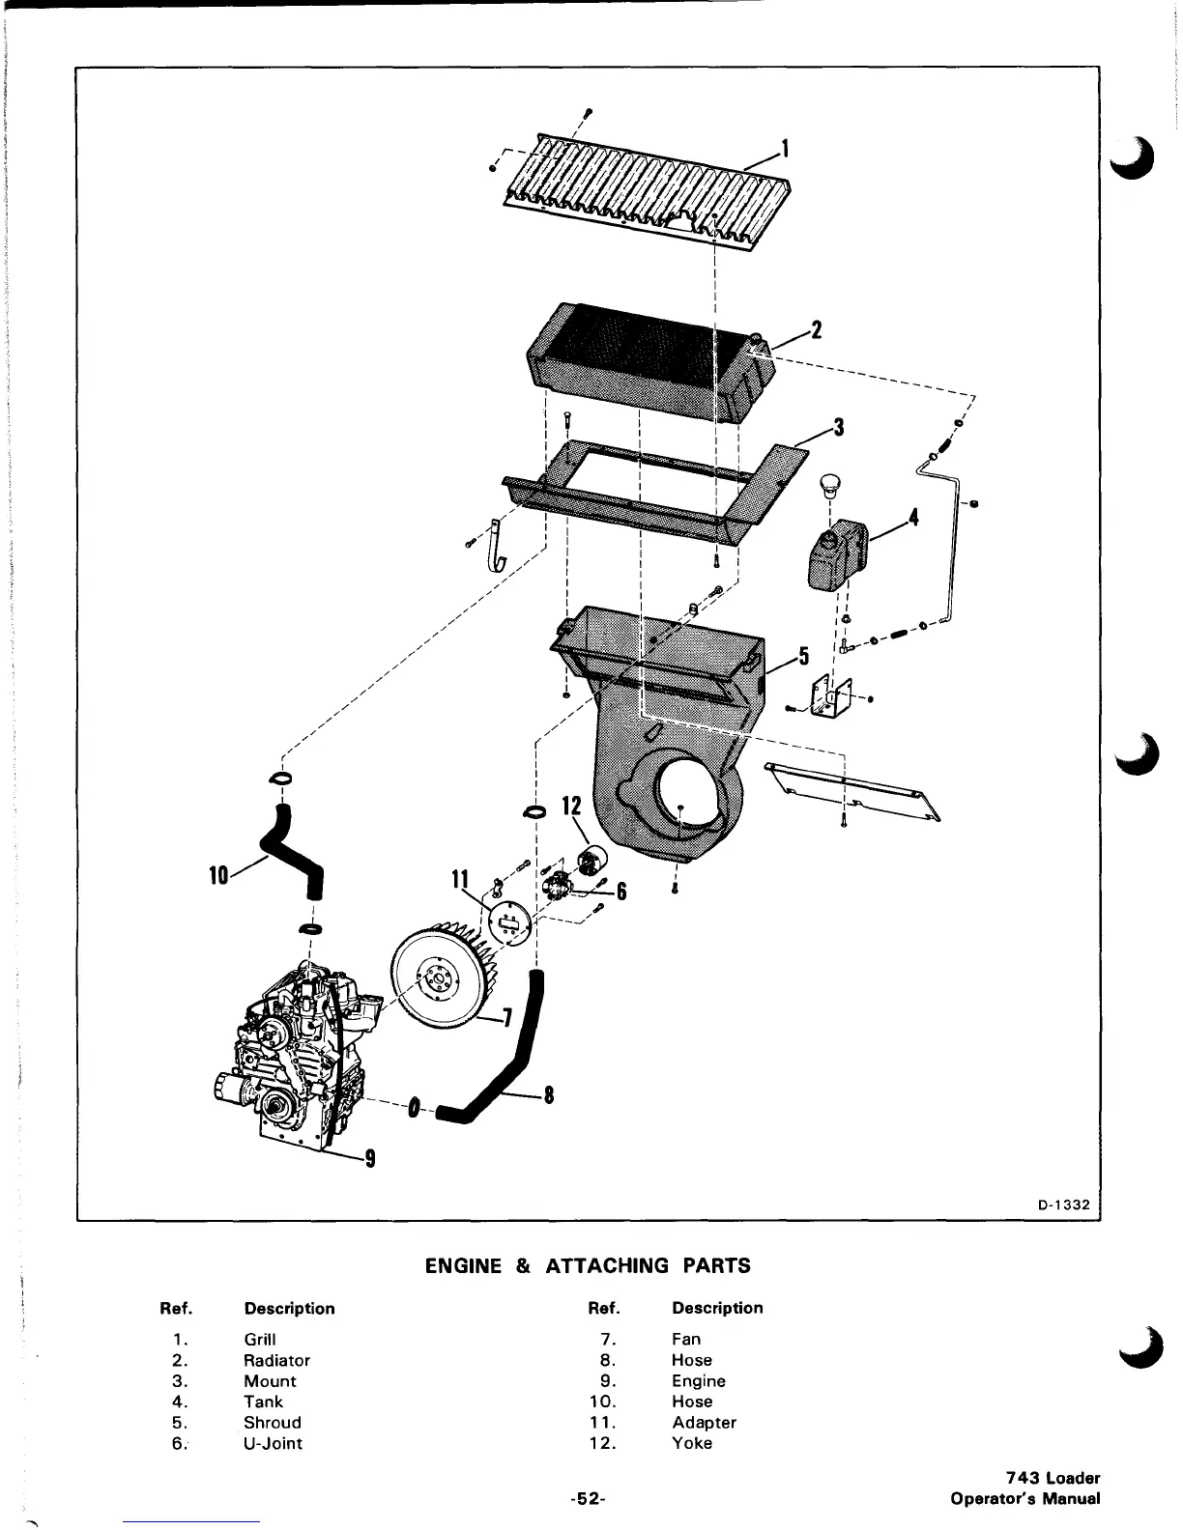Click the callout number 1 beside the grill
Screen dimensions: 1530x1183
[786, 149]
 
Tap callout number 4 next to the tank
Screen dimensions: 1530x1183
[913, 519]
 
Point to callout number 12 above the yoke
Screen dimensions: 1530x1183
[572, 806]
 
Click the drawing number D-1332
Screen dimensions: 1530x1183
[1064, 1204]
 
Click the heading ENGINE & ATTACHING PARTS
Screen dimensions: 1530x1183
[588, 1265]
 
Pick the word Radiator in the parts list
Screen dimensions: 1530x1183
[276, 1360]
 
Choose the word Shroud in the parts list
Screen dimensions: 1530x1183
[273, 1423]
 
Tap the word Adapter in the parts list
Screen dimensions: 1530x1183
[704, 1423]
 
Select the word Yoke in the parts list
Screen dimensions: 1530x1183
[692, 1443]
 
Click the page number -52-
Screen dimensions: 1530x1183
[587, 1499]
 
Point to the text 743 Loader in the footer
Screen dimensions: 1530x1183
[1053, 1478]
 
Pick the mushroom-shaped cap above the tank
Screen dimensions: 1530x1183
[828, 484]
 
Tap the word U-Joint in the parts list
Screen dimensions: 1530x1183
[273, 1443]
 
